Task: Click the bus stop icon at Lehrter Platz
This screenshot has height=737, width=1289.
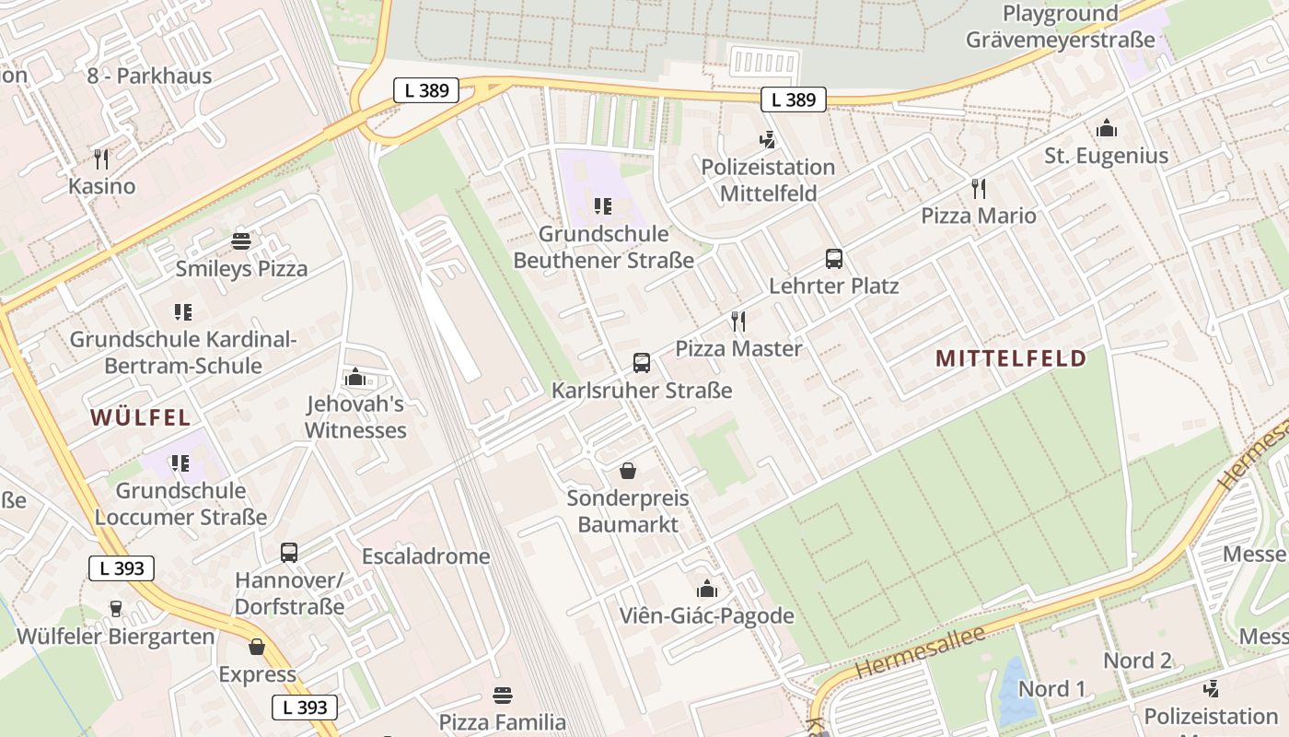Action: coord(834,259)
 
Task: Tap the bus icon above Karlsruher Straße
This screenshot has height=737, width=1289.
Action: coord(642,363)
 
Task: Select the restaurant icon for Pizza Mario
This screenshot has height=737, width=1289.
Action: coord(979,189)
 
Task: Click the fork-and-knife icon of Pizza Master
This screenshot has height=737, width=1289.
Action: coord(737,322)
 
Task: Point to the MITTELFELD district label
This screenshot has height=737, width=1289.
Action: coord(1011,358)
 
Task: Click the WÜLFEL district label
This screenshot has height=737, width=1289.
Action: coord(141,417)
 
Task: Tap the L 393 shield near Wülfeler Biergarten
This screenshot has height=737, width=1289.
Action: coord(122,568)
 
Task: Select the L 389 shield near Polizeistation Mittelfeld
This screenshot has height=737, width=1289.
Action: coord(794,99)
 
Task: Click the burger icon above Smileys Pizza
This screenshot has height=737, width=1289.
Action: coord(241,242)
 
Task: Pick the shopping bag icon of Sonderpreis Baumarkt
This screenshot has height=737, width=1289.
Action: coord(628,472)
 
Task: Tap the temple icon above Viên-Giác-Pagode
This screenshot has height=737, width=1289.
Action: coord(707,589)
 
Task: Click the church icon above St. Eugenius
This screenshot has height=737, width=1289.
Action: coord(1106,129)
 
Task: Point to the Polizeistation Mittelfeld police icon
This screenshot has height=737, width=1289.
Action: coord(767,140)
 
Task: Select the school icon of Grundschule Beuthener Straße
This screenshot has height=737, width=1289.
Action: coord(603,206)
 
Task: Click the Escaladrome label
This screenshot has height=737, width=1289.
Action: coord(425,556)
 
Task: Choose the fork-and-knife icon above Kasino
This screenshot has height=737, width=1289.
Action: coord(101,159)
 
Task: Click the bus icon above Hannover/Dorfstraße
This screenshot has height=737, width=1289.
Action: coord(289,553)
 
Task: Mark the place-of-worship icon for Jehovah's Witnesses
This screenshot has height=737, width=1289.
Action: coord(354,378)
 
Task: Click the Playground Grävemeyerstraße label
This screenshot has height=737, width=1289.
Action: coord(1060,27)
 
